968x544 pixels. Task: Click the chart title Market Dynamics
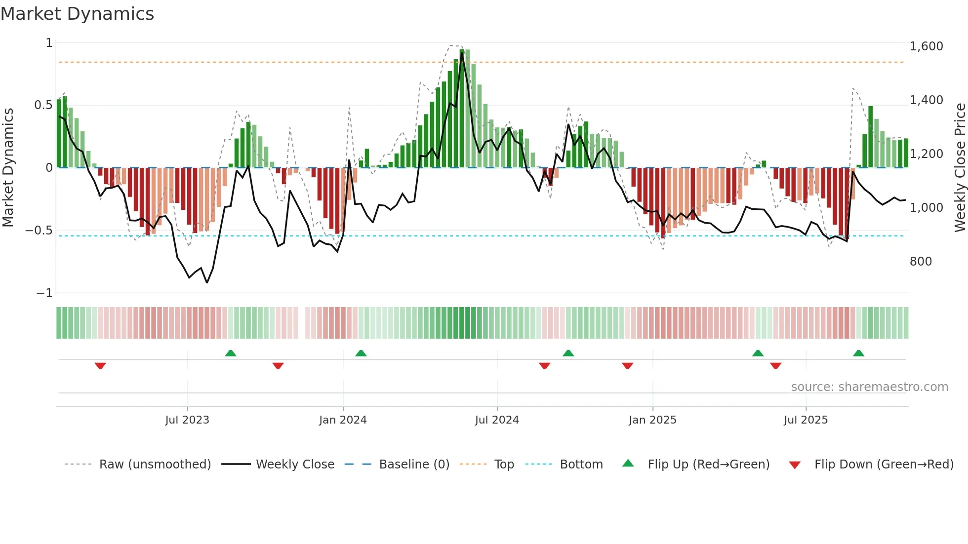pyautogui.click(x=77, y=14)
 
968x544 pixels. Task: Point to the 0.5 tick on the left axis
pyautogui.click(x=43, y=105)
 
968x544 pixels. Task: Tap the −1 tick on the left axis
pyautogui.click(x=44, y=293)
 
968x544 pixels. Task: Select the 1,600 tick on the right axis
pyautogui.click(x=926, y=46)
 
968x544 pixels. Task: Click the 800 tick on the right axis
pyautogui.click(x=921, y=262)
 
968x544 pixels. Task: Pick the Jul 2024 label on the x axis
pyautogui.click(x=497, y=420)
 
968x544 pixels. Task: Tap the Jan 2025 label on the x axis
pyautogui.click(x=652, y=420)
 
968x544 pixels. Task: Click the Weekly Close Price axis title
pyautogui.click(x=960, y=167)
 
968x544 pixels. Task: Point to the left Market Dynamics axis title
pyautogui.click(x=8, y=167)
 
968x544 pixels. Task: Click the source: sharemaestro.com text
pyautogui.click(x=869, y=387)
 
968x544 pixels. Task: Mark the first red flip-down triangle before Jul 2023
pyautogui.click(x=100, y=366)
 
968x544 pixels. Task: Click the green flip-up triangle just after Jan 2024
pyautogui.click(x=361, y=353)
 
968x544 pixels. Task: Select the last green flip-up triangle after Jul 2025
pyautogui.click(x=858, y=353)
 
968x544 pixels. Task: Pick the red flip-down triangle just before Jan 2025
pyautogui.click(x=627, y=366)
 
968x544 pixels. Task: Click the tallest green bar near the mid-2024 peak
pyautogui.click(x=462, y=109)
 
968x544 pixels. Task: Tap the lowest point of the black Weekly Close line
pyautogui.click(x=206, y=282)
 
